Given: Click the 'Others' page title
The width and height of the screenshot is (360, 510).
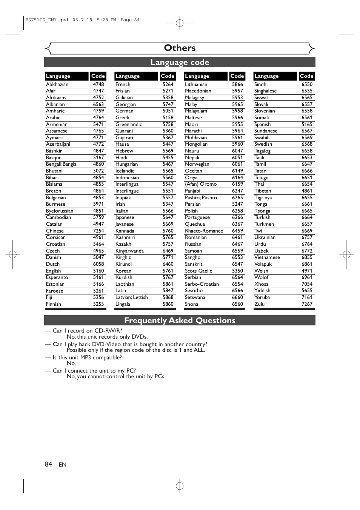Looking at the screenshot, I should click(180, 48).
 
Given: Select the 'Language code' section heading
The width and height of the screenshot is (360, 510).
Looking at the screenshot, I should click(180, 62).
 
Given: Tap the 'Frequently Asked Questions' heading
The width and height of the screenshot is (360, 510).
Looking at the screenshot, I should click(180, 320).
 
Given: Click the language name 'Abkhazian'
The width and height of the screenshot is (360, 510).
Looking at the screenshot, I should click(57, 85).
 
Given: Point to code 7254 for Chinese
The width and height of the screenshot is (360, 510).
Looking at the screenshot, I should click(98, 231).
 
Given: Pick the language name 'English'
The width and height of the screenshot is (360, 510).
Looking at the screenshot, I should click(53, 271).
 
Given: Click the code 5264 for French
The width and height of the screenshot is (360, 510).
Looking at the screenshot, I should click(168, 85).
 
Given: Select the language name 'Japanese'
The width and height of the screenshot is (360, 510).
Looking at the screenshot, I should click(125, 217).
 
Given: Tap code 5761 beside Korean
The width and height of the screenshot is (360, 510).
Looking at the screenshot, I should click(168, 271).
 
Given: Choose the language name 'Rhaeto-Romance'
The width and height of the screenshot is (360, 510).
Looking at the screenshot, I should click(204, 231).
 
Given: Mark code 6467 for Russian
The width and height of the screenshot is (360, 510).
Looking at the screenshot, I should click(237, 244).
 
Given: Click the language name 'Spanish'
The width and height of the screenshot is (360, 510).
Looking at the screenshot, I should click(262, 124).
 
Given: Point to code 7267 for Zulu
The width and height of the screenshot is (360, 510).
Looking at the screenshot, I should click(307, 304).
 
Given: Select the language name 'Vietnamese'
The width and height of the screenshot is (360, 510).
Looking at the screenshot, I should click(267, 257).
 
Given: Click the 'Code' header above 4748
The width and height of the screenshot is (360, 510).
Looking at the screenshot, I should click(98, 76).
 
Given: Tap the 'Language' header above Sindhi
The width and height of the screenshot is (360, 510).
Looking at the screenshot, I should click(266, 76).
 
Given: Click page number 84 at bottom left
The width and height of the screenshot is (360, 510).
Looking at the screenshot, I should click(48, 464).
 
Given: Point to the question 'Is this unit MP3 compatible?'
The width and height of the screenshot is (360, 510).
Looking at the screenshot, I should click(87, 357).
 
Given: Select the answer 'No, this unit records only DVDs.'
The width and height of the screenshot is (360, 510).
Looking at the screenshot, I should click(107, 337).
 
